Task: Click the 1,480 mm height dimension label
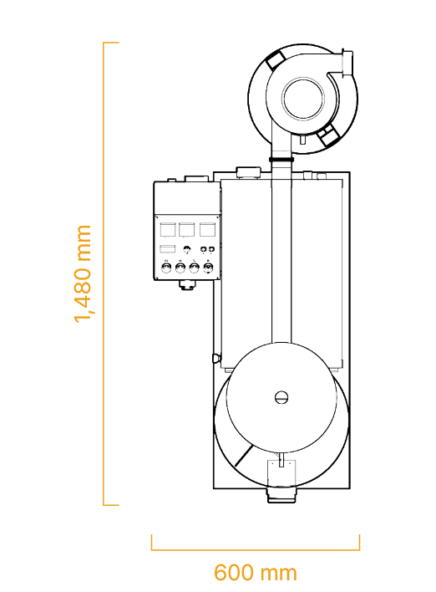point(83,273)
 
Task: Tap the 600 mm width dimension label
point(256,573)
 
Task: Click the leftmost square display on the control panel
point(168,229)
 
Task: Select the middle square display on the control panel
point(186,229)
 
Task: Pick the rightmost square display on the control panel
point(207,229)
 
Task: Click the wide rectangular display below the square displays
point(167,249)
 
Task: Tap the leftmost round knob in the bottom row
point(166,268)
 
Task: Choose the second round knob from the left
point(180,268)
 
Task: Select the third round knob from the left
point(194,268)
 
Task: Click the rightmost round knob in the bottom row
point(208,268)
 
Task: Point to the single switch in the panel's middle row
point(187,249)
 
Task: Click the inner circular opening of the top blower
point(303,98)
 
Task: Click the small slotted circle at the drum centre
point(281,397)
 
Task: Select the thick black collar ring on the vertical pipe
point(281,160)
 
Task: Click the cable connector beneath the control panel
point(187,285)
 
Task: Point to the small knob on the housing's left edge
point(215,358)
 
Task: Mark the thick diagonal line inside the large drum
point(244,456)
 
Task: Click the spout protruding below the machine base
point(281,495)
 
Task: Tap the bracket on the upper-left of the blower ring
point(275,59)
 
